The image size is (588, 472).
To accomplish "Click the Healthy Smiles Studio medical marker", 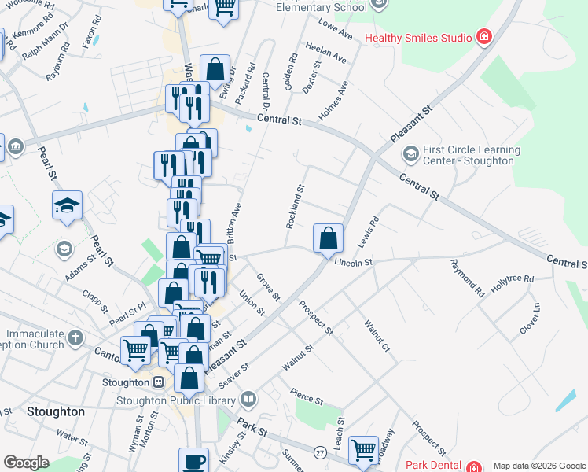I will [484, 37].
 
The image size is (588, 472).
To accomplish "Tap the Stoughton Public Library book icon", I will [248, 400].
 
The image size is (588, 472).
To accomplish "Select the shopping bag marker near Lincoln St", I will [328, 238].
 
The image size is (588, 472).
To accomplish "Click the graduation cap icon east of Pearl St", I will [68, 206].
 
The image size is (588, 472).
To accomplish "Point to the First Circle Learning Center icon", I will [410, 153].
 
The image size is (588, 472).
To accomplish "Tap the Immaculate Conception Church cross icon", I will [75, 338].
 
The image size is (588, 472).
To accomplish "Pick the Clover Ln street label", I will [531, 319].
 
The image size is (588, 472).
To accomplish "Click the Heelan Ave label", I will [325, 53].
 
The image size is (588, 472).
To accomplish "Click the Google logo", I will [26, 463].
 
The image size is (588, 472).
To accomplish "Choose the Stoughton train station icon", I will [158, 382].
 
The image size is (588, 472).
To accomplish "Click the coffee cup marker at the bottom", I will [193, 461].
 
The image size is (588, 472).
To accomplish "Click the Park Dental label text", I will [432, 466].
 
